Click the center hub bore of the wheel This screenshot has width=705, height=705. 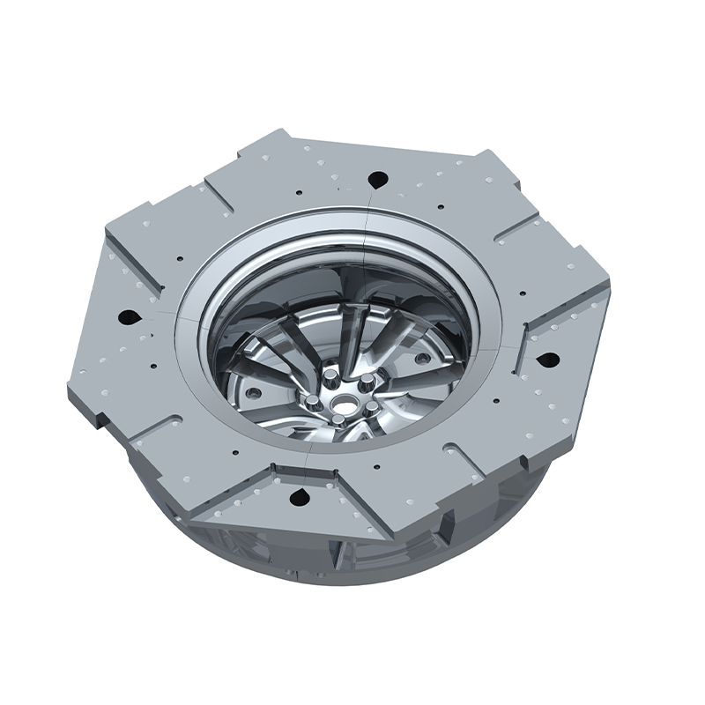click(338, 404)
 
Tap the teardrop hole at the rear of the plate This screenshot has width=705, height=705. click(379, 179)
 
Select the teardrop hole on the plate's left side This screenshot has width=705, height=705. click(129, 315)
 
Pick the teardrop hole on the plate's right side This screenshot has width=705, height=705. click(546, 360)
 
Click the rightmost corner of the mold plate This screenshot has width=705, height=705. click(610, 291)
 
